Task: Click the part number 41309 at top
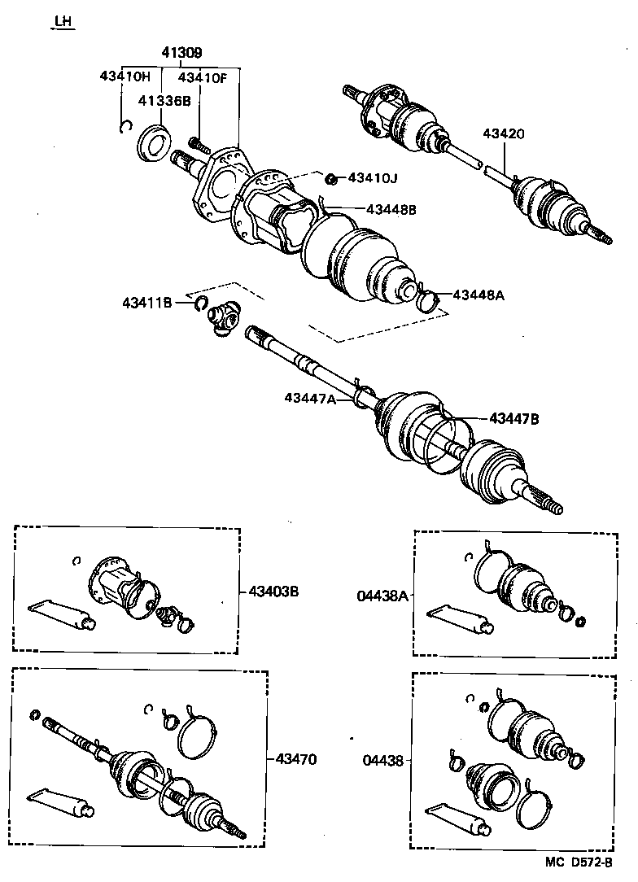tap(181, 53)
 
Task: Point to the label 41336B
tap(164, 102)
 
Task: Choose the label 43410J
tap(374, 177)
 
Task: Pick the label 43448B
tap(391, 209)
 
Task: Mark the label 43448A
tap(478, 295)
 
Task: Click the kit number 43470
tap(296, 759)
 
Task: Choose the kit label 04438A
tap(381, 596)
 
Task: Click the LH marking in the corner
tap(63, 22)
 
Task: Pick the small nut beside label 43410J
tap(331, 178)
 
